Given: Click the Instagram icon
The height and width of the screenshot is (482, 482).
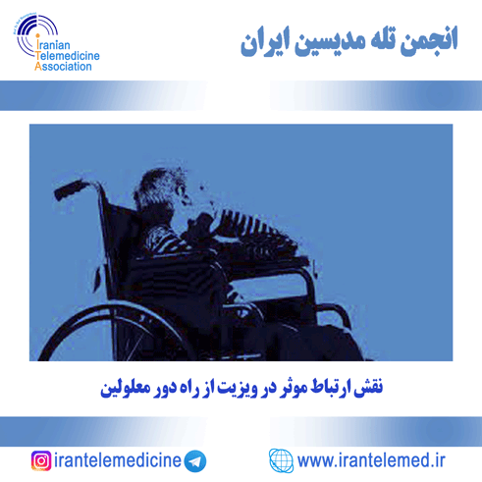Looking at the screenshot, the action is [41, 460].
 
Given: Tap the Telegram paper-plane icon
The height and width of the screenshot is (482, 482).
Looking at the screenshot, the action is [195, 461].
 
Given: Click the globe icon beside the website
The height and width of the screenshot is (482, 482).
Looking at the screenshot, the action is [281, 460].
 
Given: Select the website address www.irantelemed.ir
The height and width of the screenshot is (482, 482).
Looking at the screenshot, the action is [371, 460].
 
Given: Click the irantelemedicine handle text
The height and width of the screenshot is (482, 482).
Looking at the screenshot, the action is [118, 460].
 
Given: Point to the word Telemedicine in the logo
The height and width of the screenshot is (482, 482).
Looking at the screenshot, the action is [68, 56].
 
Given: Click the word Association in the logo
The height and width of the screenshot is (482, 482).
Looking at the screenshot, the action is [63, 67].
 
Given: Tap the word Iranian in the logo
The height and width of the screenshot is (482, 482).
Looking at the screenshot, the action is [53, 44].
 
